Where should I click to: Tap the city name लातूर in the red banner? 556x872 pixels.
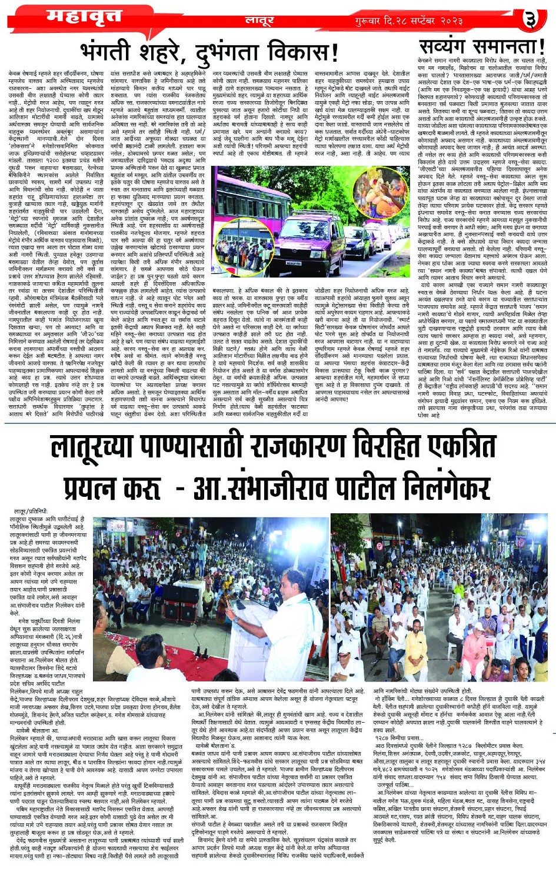click(259, 21)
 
